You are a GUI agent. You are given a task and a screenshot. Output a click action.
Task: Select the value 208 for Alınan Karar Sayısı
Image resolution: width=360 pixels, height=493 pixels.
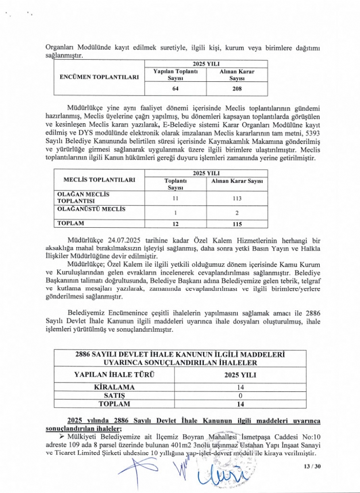[x=237, y=89]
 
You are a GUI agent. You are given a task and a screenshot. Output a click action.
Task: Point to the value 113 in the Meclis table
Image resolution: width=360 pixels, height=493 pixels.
[x=237, y=198]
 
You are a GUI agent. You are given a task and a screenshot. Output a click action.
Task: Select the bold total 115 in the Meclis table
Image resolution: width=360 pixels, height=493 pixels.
[x=237, y=224]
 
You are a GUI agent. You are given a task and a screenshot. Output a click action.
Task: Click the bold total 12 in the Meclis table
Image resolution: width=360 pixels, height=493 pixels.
[x=176, y=224]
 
